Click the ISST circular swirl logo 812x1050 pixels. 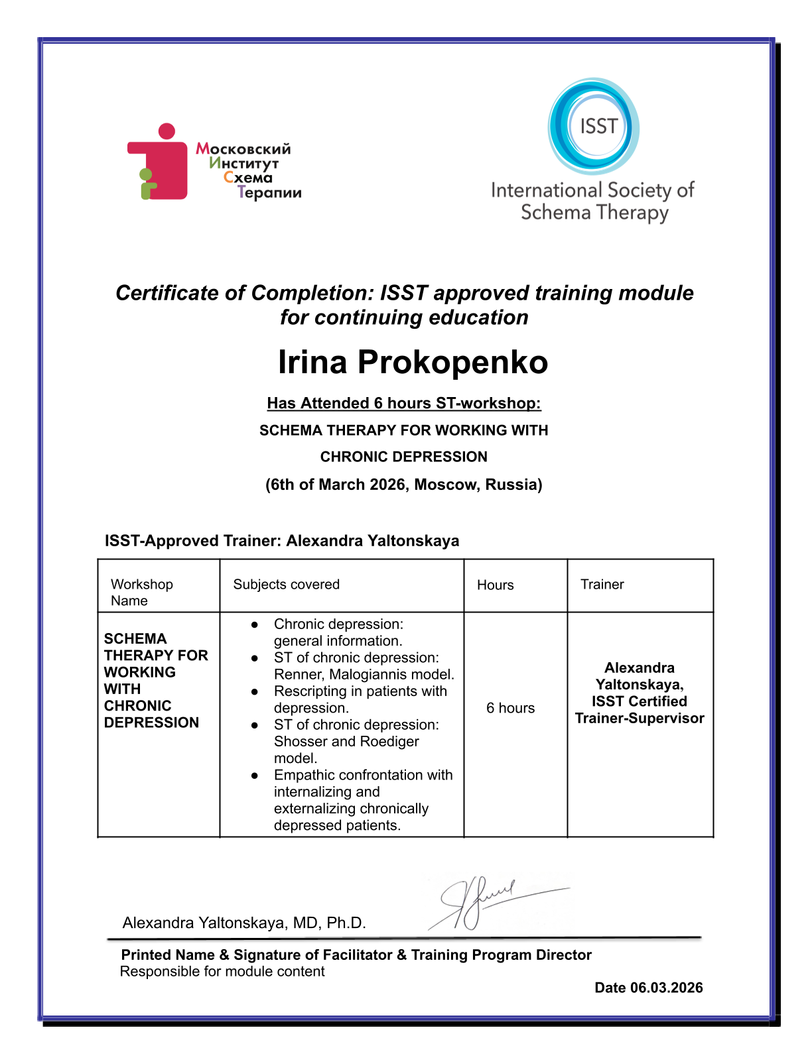click(594, 126)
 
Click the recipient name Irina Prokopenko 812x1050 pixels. click(413, 363)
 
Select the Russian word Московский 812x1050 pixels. click(243, 148)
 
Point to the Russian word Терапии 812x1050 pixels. click(269, 193)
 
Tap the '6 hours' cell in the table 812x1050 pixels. click(510, 708)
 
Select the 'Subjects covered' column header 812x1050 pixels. click(286, 584)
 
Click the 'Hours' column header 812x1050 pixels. click(495, 585)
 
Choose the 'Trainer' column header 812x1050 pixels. click(602, 584)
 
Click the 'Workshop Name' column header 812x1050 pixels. click(141, 592)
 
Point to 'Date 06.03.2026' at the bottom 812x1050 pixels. click(648, 988)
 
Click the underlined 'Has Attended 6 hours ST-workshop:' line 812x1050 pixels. click(404, 403)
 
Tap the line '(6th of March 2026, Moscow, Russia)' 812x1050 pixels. click(404, 485)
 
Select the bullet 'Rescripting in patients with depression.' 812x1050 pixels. click(360, 699)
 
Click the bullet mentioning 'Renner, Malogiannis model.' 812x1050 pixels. click(363, 666)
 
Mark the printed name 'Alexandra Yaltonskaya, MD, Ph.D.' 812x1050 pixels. click(244, 923)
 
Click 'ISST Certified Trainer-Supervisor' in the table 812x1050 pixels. click(640, 710)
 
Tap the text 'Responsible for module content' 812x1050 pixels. click(222, 972)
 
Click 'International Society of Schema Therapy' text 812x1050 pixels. click(592, 202)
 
